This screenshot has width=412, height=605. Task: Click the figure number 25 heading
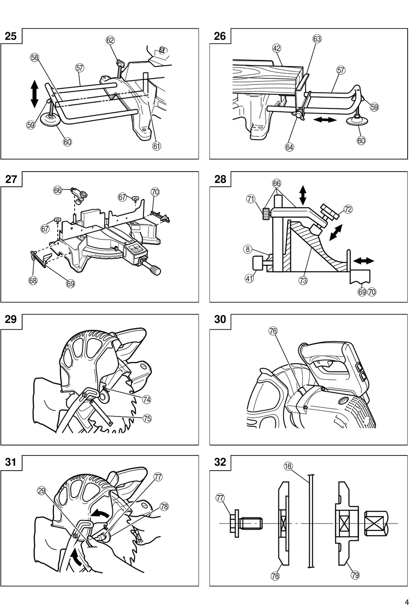click(x=11, y=36)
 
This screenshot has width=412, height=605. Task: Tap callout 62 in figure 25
click(x=110, y=40)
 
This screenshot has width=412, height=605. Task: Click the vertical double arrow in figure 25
click(x=34, y=94)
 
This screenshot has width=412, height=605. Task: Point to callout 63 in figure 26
click(x=317, y=39)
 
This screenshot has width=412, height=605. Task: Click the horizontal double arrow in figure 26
click(x=325, y=119)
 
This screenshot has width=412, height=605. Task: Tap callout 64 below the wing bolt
click(x=289, y=147)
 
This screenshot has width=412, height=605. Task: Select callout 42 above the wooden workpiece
click(x=276, y=49)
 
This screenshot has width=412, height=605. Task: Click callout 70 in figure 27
click(x=155, y=192)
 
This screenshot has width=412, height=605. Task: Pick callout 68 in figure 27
click(x=33, y=280)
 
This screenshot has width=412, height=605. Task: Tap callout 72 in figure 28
click(x=348, y=209)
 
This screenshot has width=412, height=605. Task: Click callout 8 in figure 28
click(x=248, y=249)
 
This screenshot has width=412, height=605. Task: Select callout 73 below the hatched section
click(x=303, y=281)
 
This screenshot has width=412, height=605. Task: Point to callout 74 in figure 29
click(x=147, y=399)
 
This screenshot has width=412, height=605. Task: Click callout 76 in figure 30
click(x=273, y=331)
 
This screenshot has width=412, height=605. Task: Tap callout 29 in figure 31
click(x=41, y=491)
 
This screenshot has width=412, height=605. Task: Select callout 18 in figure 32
click(x=288, y=466)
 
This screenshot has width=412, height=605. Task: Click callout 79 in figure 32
click(x=355, y=575)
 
